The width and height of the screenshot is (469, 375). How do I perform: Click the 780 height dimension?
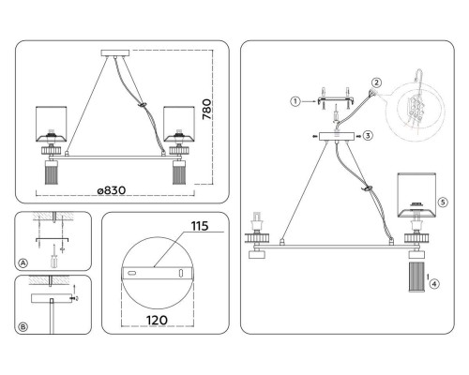point(207,110)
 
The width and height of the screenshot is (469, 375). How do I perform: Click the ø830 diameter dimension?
point(112,190)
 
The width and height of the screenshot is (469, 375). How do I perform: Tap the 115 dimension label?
point(200,226)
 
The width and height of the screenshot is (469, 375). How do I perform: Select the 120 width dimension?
point(157,320)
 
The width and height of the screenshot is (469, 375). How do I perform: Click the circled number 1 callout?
point(295,101)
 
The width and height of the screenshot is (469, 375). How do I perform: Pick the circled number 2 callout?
point(376,82)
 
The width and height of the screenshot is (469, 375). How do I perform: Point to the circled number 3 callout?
point(368,136)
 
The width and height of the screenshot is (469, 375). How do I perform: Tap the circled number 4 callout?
point(434,284)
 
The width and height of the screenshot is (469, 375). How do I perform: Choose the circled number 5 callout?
point(443,202)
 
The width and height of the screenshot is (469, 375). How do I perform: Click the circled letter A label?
point(23,263)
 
